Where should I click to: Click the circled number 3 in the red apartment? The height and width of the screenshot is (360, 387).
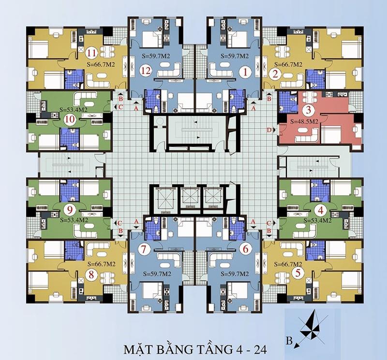[308, 110]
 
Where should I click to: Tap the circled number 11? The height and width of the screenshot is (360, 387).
[91, 53]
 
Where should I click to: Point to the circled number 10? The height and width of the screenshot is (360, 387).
[70, 119]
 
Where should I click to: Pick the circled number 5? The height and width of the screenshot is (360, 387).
[298, 273]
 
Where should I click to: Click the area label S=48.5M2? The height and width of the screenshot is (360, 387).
[304, 121]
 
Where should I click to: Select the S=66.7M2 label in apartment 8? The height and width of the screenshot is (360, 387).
[102, 264]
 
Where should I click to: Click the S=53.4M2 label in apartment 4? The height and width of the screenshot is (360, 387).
[317, 220]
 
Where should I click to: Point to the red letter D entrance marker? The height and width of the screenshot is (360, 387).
[269, 130]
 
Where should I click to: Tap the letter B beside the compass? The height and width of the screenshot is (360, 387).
[289, 341]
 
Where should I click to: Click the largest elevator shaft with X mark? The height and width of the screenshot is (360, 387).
[165, 198]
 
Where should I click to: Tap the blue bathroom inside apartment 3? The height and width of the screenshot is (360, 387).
[288, 102]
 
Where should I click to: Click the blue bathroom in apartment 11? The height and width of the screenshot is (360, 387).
[74, 79]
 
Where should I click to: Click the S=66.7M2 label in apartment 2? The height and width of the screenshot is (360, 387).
[288, 64]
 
